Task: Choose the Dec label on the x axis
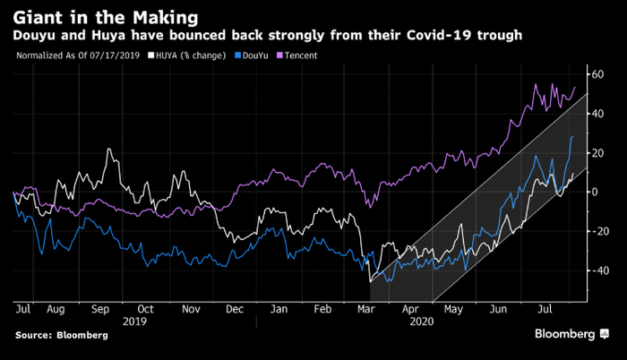point(235,308)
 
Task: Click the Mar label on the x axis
point(365,308)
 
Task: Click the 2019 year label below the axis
point(134,320)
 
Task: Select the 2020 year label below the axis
point(420,320)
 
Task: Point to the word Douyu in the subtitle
point(35,35)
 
